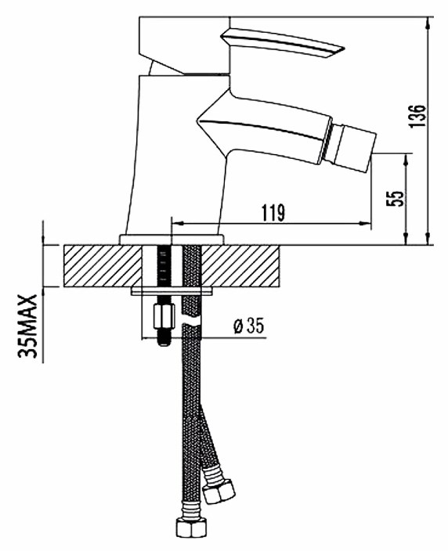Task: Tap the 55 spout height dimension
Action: pos(395,199)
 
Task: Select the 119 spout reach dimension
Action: pos(273,213)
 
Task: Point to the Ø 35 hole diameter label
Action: pos(249,326)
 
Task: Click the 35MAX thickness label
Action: pos(27,326)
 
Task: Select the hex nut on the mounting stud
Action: pos(164,316)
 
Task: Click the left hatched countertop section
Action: pos(103,266)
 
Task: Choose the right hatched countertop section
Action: pos(241,266)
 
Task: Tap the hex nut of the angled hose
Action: pos(219,490)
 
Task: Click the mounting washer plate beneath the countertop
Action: pos(172,291)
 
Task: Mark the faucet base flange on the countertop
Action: pos(172,239)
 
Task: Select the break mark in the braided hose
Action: pos(191,323)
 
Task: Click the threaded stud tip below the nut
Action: pos(164,337)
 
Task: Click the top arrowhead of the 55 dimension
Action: pos(406,160)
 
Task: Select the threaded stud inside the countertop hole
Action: pos(162,266)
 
